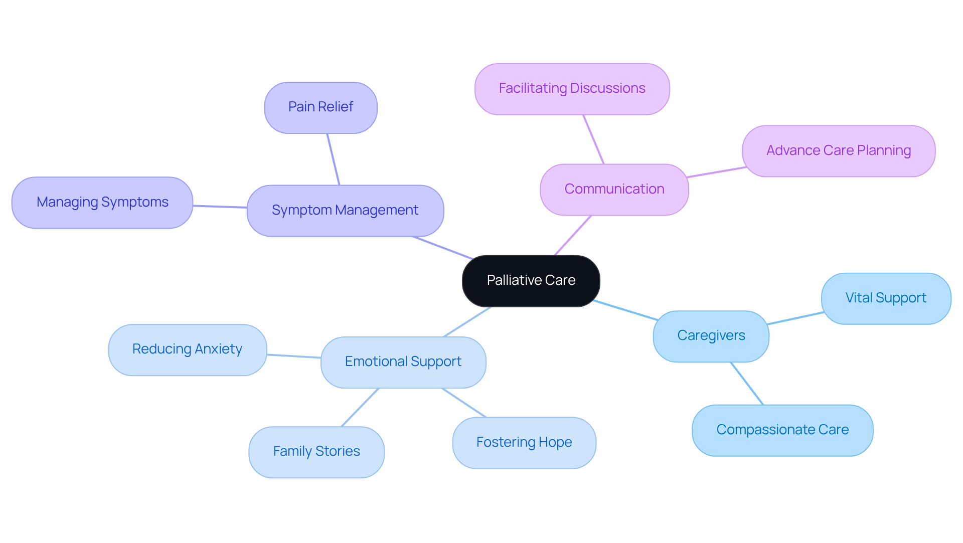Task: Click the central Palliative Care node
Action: pyautogui.click(x=531, y=280)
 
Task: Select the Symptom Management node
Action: pyautogui.click(x=345, y=210)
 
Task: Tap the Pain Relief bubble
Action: pyautogui.click(x=320, y=107)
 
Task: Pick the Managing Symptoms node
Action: pyautogui.click(x=102, y=202)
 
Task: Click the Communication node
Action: pyautogui.click(x=614, y=189)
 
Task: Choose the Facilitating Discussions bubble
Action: pyautogui.click(x=572, y=89)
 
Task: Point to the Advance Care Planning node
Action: pyautogui.click(x=838, y=150)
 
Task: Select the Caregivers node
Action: pyautogui.click(x=711, y=335)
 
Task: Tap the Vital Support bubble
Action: pyautogui.click(x=886, y=298)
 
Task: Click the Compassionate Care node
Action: pyautogui.click(x=782, y=430)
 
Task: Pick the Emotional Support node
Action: pyautogui.click(x=403, y=361)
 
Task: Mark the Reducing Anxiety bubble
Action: pyautogui.click(x=187, y=349)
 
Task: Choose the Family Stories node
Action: pyautogui.click(x=316, y=451)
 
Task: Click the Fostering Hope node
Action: pyautogui.click(x=524, y=442)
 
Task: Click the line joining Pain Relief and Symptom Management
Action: pyautogui.click(x=334, y=159)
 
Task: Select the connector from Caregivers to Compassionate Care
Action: pyautogui.click(x=747, y=383)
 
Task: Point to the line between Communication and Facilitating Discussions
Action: pyautogui.click(x=593, y=139)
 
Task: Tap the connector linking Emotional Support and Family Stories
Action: pyautogui.click(x=360, y=407)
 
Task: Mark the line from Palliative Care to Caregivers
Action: pyautogui.click(x=626, y=310)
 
